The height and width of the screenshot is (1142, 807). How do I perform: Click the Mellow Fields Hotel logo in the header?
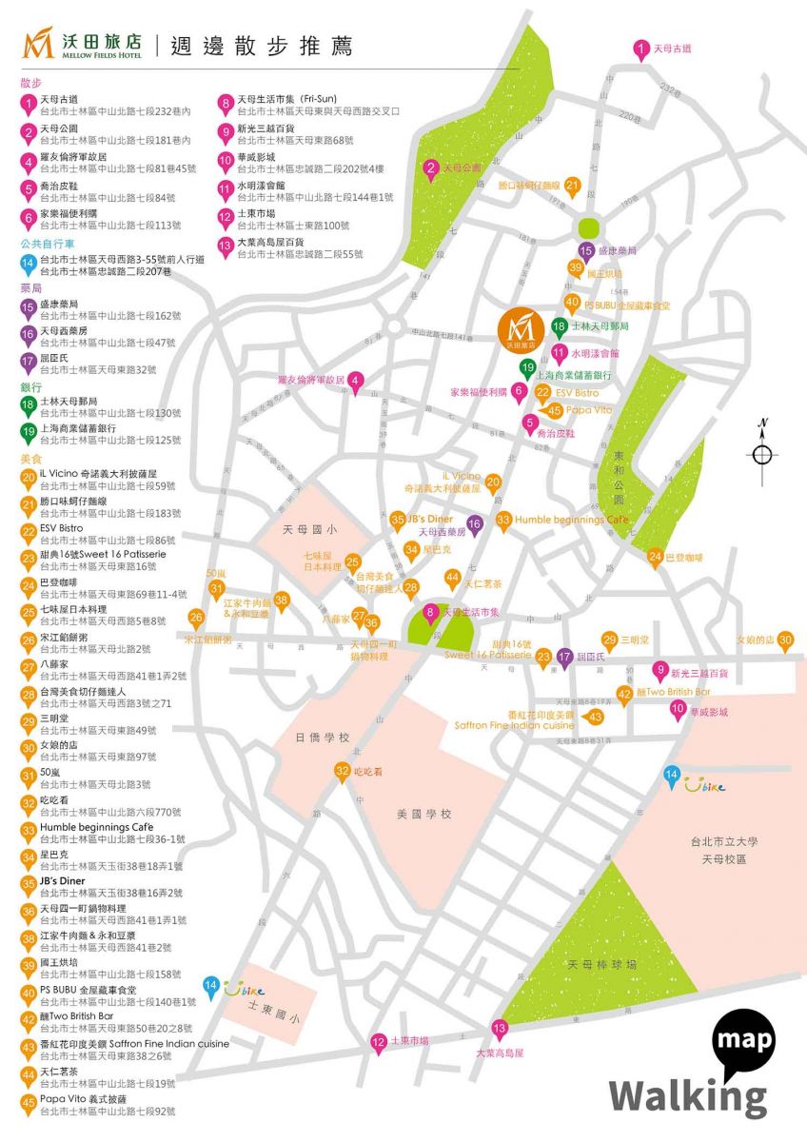click(x=83, y=44)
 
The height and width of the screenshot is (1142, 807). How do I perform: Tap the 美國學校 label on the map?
click(x=423, y=815)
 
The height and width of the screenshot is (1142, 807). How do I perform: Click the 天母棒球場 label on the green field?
click(x=601, y=964)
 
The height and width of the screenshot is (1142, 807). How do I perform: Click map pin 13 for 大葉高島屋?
click(x=499, y=1029)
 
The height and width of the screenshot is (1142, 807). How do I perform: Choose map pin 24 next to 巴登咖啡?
click(x=655, y=558)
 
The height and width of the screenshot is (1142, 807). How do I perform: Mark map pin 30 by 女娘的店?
click(x=785, y=641)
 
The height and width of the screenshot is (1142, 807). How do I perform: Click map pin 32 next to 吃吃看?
click(x=342, y=772)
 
